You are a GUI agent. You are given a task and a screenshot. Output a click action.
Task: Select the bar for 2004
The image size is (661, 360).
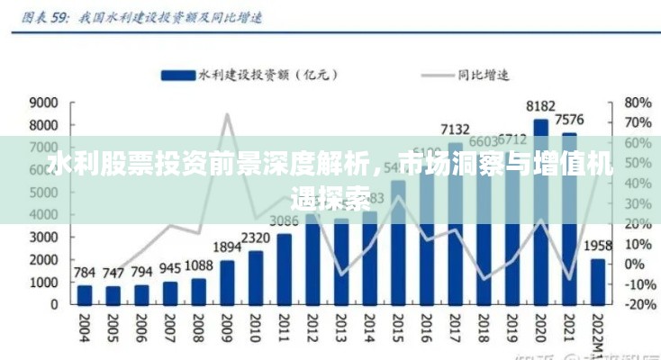pos(84,295)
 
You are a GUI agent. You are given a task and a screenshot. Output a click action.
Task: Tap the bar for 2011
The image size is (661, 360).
pos(285,268)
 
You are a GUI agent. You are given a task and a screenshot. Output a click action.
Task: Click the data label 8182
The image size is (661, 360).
pos(541,106)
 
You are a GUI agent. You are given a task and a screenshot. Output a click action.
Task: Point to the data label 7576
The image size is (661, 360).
pos(570,120)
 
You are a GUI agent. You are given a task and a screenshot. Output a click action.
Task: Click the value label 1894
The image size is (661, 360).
pos(227,247)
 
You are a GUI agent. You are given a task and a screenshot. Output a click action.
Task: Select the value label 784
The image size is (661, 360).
pos(84,273)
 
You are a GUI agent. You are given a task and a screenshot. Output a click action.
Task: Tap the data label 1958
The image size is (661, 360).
pos(598,245)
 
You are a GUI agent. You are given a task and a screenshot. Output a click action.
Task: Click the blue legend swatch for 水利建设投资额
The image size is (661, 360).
pos(178,75)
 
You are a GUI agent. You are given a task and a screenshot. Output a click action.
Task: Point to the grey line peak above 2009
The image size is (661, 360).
pos(227,114)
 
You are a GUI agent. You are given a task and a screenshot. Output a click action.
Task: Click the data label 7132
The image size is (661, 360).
pos(456,130)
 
